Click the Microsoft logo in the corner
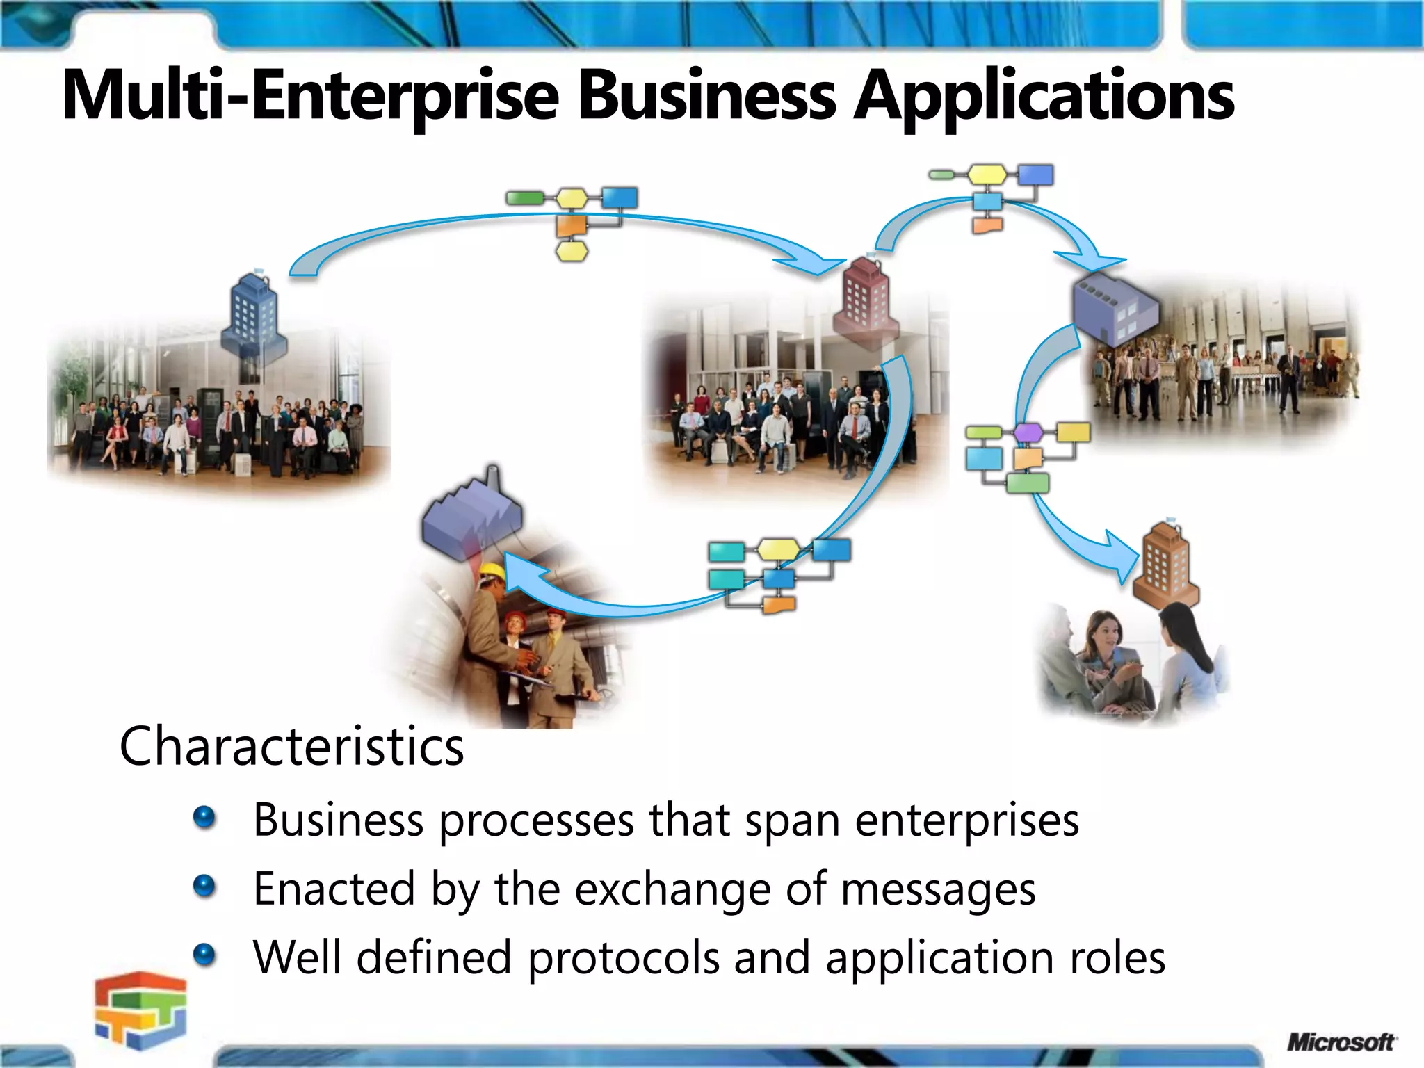coord(1341,1042)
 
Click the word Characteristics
coord(291,746)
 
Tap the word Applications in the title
coord(1043,96)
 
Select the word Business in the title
coord(706,95)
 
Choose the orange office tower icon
coord(1166,563)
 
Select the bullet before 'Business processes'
coord(204,818)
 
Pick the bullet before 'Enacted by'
coord(204,887)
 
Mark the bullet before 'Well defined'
coord(204,955)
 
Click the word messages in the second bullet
coord(938,889)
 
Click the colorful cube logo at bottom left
coord(141,1009)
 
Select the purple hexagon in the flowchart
coord(1028,432)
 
